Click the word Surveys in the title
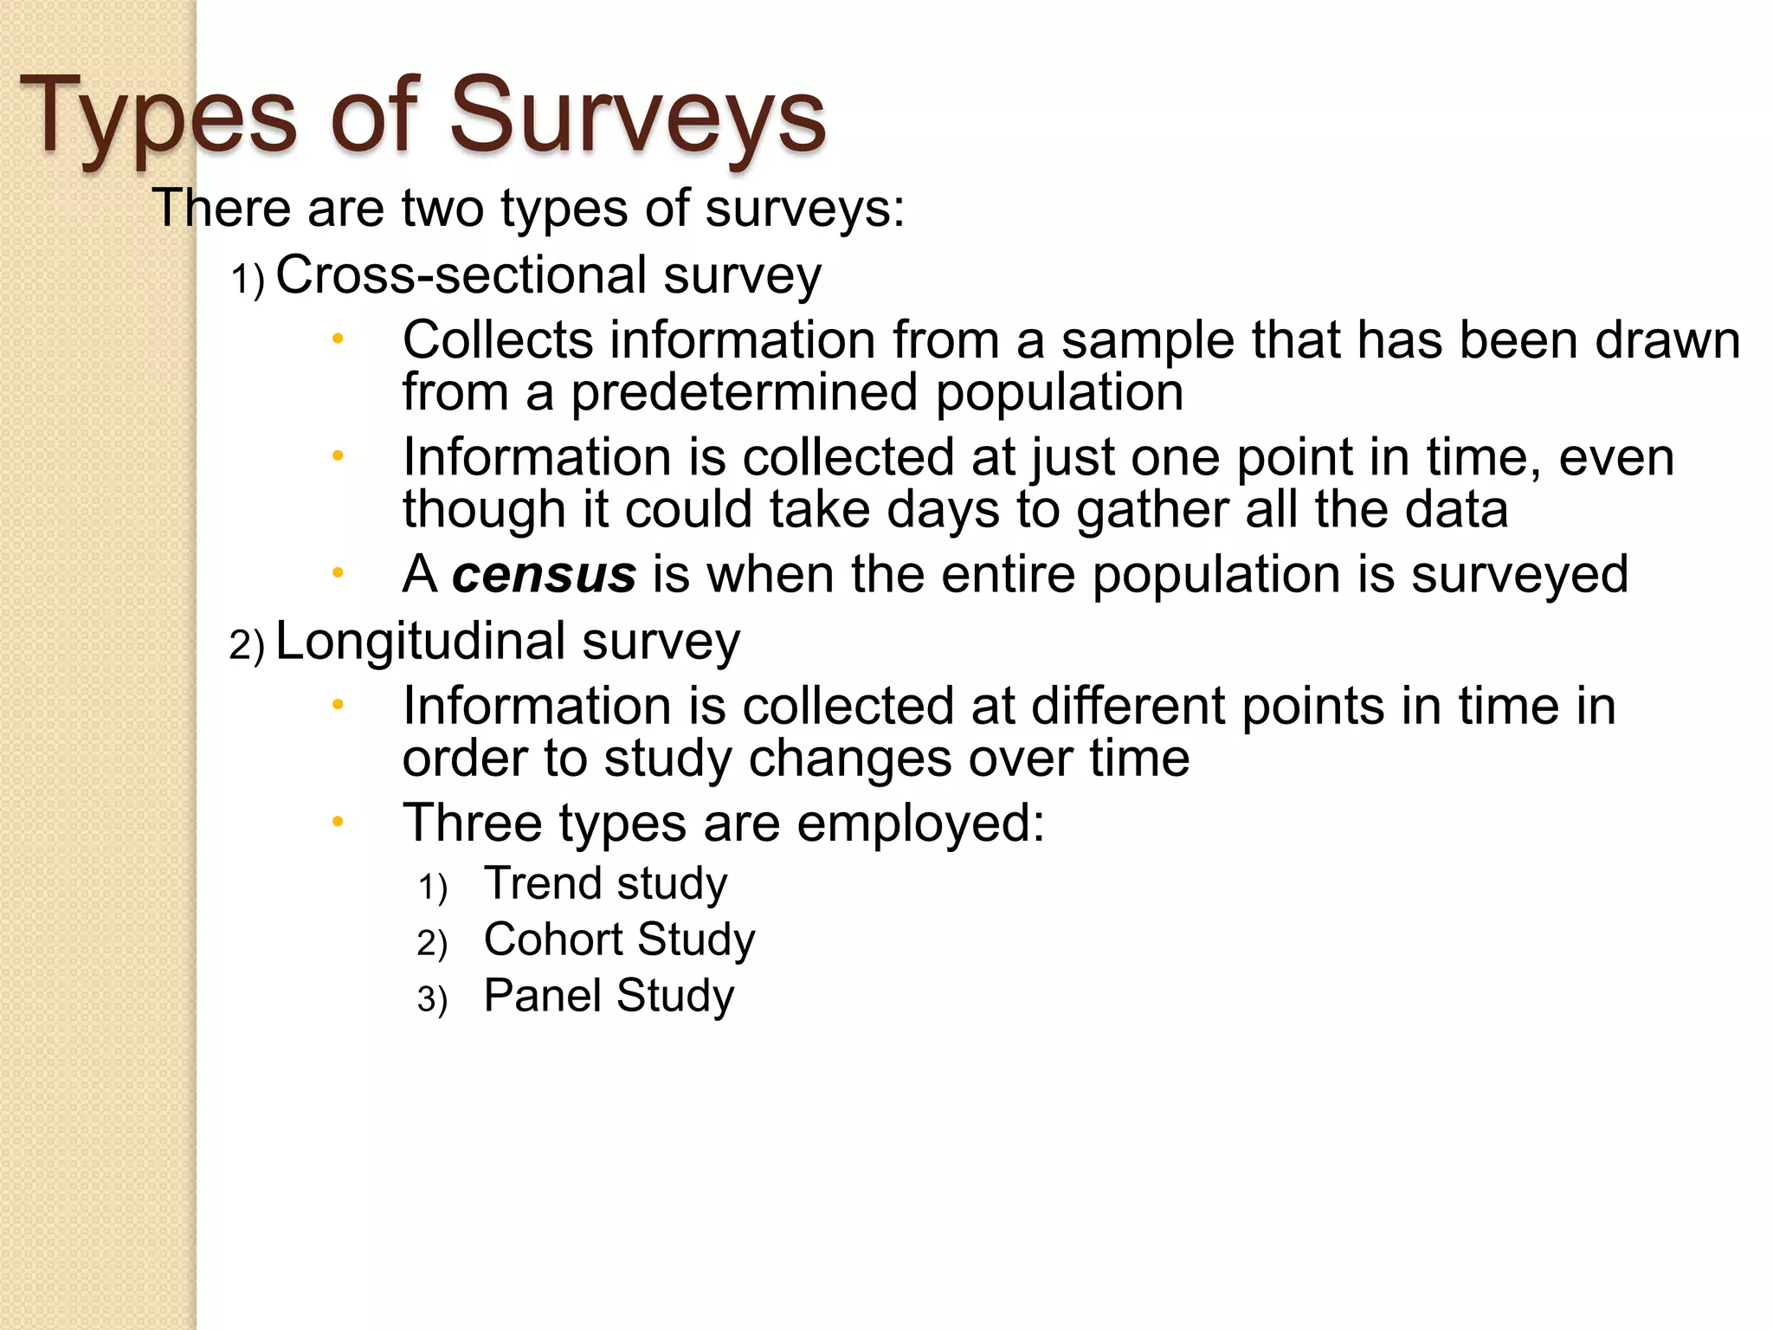[637, 116]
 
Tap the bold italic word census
[544, 575]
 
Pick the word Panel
[542, 996]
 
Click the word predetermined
[745, 392]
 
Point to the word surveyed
[1520, 575]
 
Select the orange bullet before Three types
[338, 822]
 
